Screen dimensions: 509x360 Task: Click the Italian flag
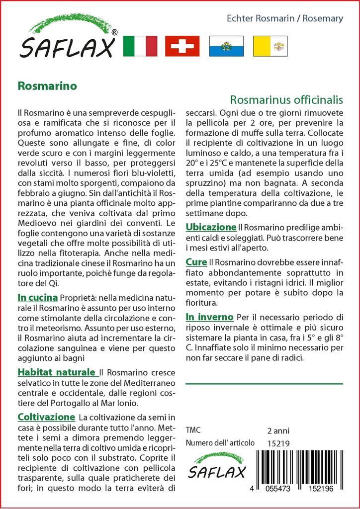(140, 46)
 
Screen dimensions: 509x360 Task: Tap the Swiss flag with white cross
(182, 46)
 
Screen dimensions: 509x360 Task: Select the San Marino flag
(226, 46)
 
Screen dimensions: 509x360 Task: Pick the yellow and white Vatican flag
(270, 46)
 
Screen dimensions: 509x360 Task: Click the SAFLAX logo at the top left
(68, 37)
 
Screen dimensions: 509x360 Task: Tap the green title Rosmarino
(47, 85)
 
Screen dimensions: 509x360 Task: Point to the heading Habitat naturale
(57, 372)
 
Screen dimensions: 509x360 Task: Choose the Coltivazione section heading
(46, 417)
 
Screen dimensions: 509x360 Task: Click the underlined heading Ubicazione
(211, 227)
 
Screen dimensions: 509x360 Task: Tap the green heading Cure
(196, 261)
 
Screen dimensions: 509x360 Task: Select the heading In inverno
(209, 317)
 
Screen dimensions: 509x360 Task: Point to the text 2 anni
(278, 430)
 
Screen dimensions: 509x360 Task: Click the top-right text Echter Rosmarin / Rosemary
(285, 19)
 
